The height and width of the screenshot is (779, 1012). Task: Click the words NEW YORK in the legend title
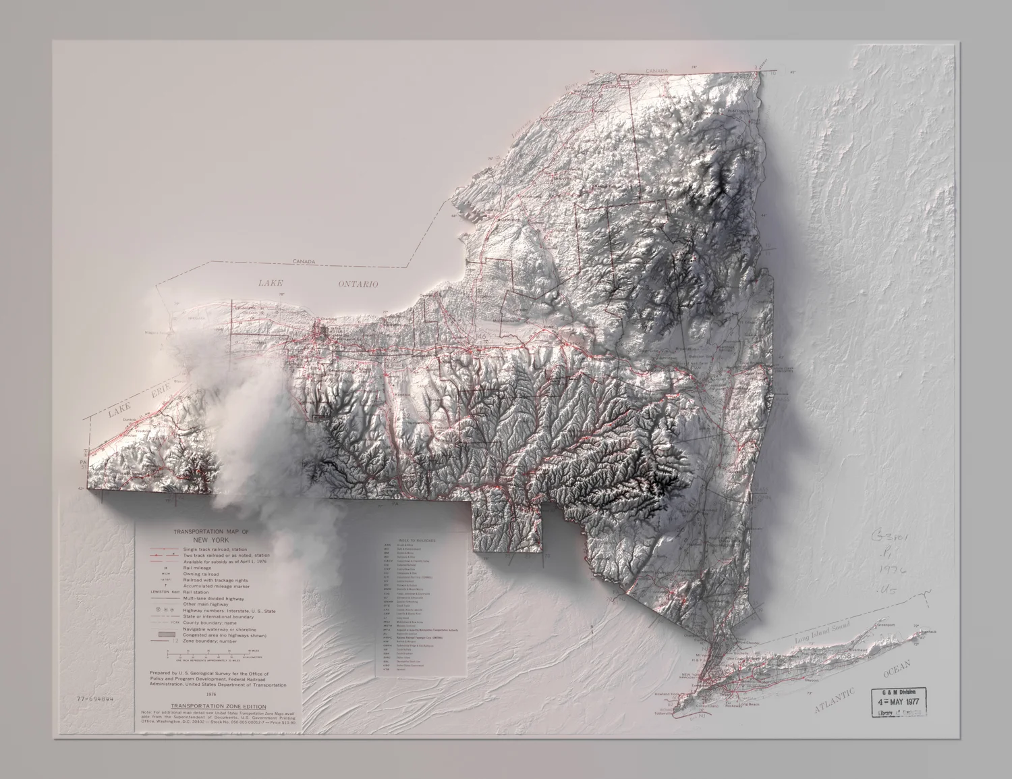pos(210,540)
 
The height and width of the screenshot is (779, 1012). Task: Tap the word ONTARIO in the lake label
pos(358,284)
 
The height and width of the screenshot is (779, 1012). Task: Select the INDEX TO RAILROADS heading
pos(417,541)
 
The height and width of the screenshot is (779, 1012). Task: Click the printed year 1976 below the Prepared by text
pos(210,694)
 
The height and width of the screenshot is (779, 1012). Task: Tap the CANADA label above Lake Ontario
pos(305,261)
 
